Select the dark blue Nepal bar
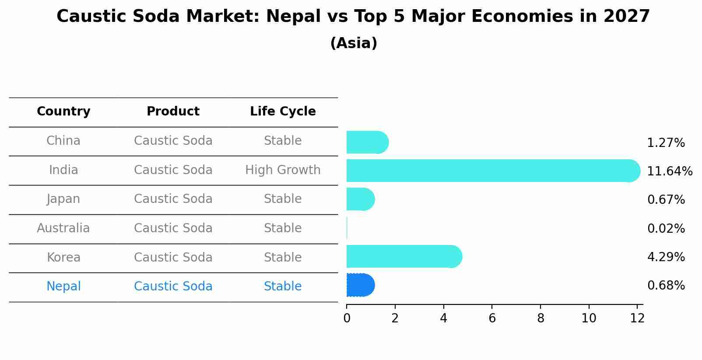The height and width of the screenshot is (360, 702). [x=360, y=285]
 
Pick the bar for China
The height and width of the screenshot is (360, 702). [x=367, y=143]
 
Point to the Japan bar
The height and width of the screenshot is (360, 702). [x=360, y=199]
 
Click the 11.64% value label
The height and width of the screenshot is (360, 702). [x=669, y=171]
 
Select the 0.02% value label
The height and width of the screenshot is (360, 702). [x=666, y=229]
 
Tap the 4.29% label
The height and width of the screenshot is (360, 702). [x=666, y=257]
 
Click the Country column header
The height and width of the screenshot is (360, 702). [x=63, y=112]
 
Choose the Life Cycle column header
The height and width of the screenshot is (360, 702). [x=283, y=112]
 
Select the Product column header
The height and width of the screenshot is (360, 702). [x=173, y=112]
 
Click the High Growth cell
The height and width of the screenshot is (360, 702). [x=283, y=170]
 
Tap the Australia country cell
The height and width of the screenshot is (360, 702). [x=63, y=228]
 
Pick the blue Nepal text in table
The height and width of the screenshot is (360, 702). [x=63, y=287]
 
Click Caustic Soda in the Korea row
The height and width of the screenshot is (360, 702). [x=173, y=258]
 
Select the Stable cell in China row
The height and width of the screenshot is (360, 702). [x=283, y=141]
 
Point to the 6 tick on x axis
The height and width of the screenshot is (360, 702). [x=492, y=318]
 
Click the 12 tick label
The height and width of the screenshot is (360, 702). [x=637, y=318]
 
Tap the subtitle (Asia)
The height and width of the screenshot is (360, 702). [x=354, y=43]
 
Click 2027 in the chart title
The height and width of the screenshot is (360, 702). [x=626, y=17]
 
